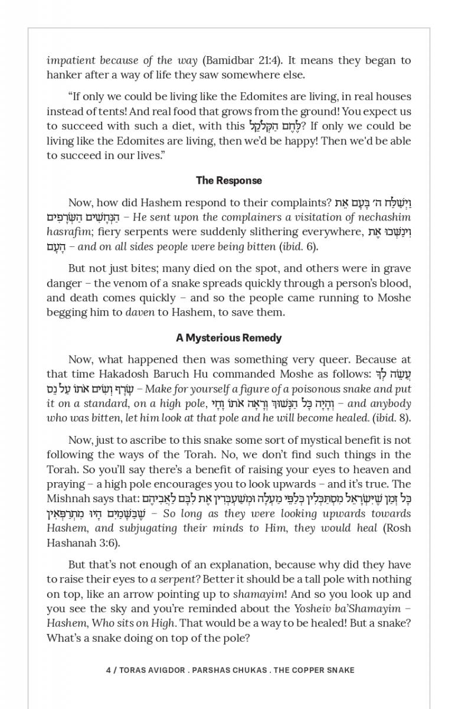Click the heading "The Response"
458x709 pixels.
click(x=229, y=181)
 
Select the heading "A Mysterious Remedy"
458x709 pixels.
click(x=229, y=338)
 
